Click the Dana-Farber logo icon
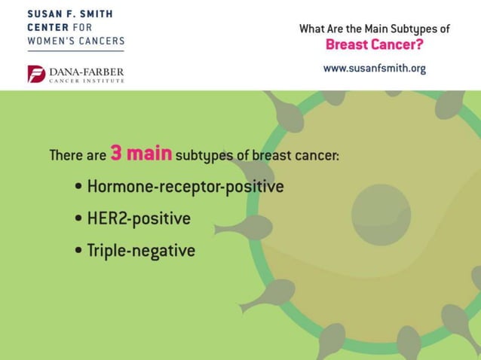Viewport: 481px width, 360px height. (x=36, y=74)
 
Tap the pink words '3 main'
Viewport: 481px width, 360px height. (x=141, y=154)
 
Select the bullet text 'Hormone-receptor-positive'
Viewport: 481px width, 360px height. (x=185, y=186)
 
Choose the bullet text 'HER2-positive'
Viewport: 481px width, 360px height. (x=139, y=218)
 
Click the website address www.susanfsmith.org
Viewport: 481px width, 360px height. (x=375, y=69)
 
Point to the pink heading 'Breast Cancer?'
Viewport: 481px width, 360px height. (x=374, y=44)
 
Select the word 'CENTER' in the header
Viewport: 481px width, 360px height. (x=47, y=27)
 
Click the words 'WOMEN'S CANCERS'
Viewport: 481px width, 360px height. (x=75, y=41)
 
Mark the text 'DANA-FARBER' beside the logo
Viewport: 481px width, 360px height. (x=87, y=72)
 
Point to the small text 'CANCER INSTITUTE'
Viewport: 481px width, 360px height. (x=87, y=81)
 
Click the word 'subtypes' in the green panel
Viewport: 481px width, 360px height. (x=201, y=156)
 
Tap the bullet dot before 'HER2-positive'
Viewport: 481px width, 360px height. (x=79, y=219)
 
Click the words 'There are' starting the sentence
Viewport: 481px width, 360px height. (x=78, y=156)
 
